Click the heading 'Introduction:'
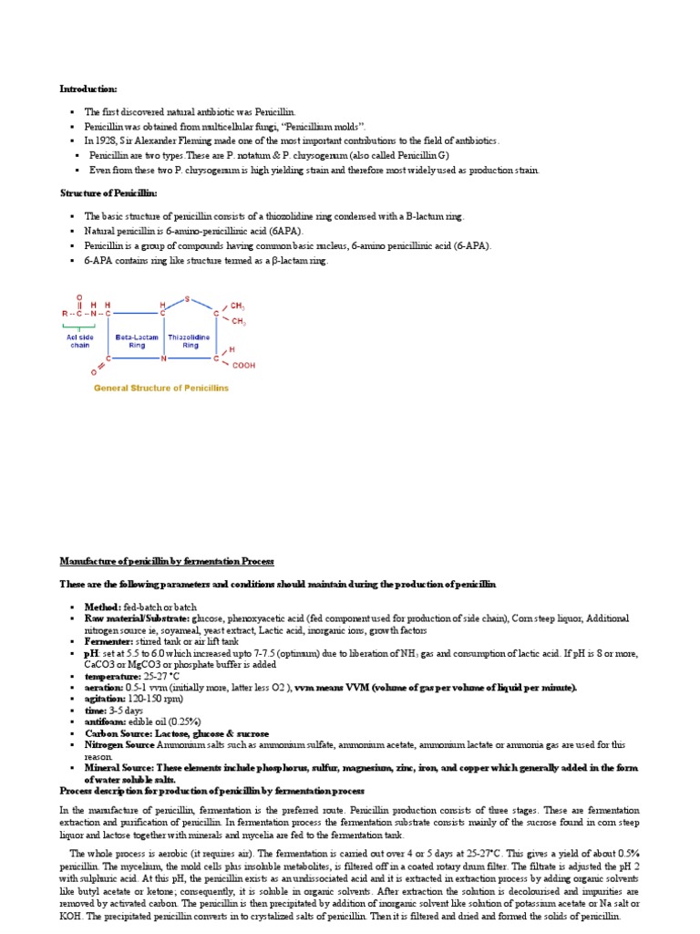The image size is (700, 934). [x=88, y=88]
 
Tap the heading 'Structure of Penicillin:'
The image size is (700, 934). [x=108, y=194]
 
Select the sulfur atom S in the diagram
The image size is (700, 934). [x=187, y=298]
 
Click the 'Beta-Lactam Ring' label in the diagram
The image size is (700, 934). [x=137, y=341]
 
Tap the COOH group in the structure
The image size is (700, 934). [x=243, y=366]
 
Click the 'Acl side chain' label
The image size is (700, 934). [x=80, y=341]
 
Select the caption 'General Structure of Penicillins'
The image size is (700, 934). [x=162, y=388]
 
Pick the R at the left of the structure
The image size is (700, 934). [x=63, y=314]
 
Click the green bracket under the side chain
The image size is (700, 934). [x=78, y=326]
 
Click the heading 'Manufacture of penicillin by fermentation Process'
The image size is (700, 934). [x=167, y=561]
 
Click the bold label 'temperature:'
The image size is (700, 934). [x=113, y=677]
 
